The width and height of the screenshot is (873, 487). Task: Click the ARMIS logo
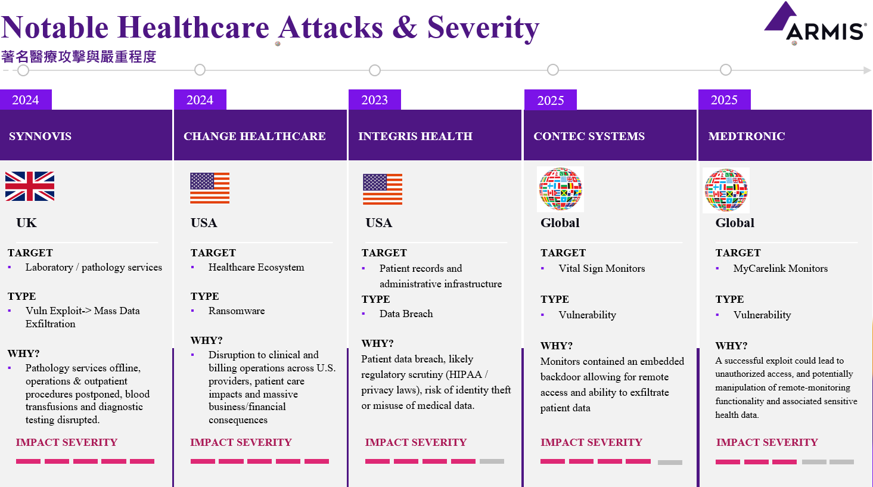pyautogui.click(x=815, y=23)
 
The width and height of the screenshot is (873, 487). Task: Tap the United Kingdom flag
pyautogui.click(x=30, y=187)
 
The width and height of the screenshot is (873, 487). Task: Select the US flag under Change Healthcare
pyautogui.click(x=210, y=188)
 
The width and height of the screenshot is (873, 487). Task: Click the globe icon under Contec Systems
pyautogui.click(x=560, y=190)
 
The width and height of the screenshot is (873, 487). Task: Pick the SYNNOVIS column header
pyautogui.click(x=40, y=136)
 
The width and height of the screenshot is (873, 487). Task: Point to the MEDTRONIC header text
pyautogui.click(x=746, y=136)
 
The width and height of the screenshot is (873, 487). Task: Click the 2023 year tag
pyautogui.click(x=375, y=100)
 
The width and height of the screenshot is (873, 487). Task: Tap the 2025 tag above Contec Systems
pyautogui.click(x=550, y=100)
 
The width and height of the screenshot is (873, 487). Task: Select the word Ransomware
pyautogui.click(x=237, y=311)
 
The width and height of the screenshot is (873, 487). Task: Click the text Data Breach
pyautogui.click(x=406, y=314)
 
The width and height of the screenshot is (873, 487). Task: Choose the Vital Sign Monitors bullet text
pyautogui.click(x=602, y=268)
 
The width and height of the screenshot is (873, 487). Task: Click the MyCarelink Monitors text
pyautogui.click(x=780, y=268)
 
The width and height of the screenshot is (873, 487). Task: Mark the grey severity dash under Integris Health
pyautogui.click(x=492, y=461)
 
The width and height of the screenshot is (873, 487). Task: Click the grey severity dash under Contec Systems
pyautogui.click(x=670, y=463)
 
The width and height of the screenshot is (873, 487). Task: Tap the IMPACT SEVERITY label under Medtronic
pyautogui.click(x=766, y=442)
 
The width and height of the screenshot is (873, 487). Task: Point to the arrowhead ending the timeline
pyautogui.click(x=867, y=70)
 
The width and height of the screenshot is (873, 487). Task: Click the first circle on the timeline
pyautogui.click(x=23, y=70)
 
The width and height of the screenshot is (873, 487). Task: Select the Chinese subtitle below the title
pyautogui.click(x=79, y=57)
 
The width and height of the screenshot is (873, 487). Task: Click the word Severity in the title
pyautogui.click(x=483, y=28)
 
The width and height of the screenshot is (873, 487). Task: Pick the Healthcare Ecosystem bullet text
pyautogui.click(x=256, y=268)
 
